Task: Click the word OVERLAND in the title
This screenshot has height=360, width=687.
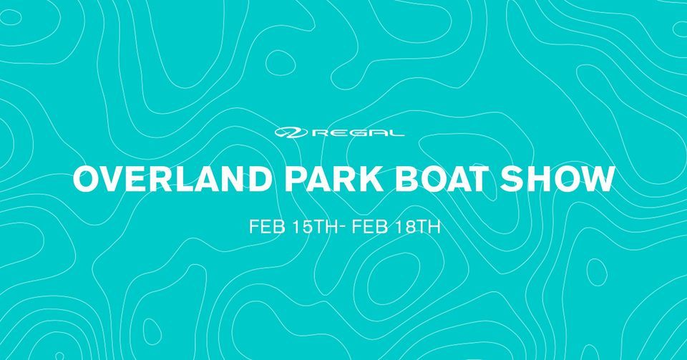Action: coord(170,179)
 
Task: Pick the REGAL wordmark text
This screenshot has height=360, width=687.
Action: coord(358,132)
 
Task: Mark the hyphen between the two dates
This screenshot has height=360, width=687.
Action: coord(342,228)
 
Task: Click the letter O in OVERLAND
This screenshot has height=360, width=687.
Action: coord(87,179)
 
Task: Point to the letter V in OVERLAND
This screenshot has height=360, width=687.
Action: coord(114,179)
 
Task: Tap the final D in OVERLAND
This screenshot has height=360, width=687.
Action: coord(255,179)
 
